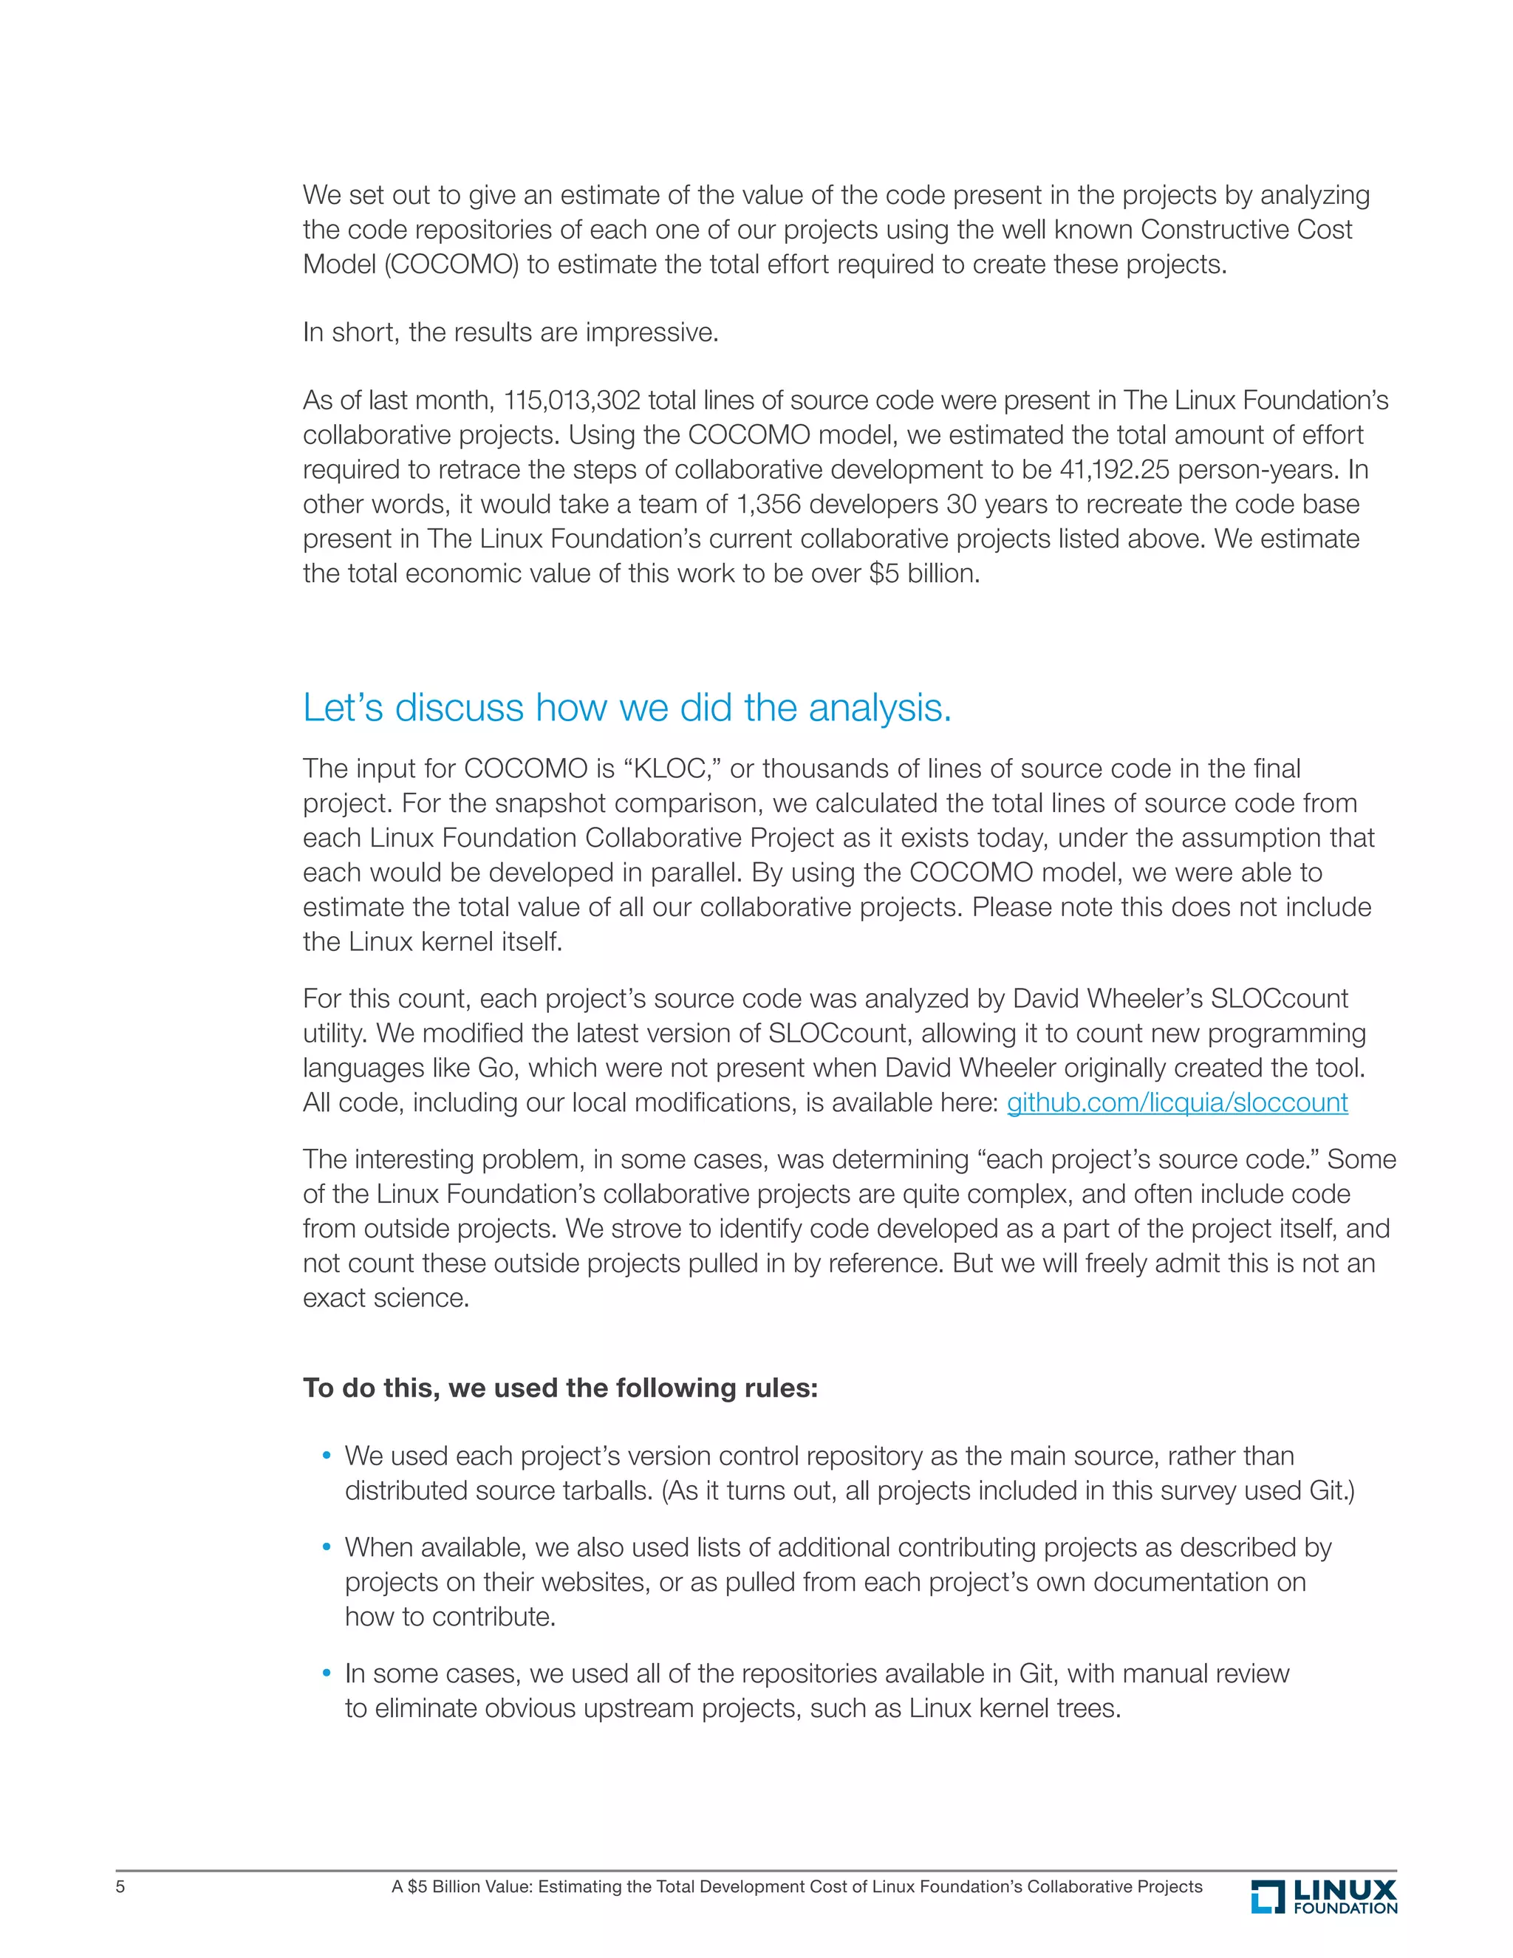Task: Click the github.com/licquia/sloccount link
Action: click(1177, 1102)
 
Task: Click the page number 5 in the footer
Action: click(120, 1886)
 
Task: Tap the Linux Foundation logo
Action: click(1324, 1896)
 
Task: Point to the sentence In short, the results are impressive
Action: click(510, 332)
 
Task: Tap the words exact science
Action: click(386, 1297)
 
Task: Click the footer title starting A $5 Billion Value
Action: click(797, 1886)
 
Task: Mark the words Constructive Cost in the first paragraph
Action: click(1246, 230)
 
